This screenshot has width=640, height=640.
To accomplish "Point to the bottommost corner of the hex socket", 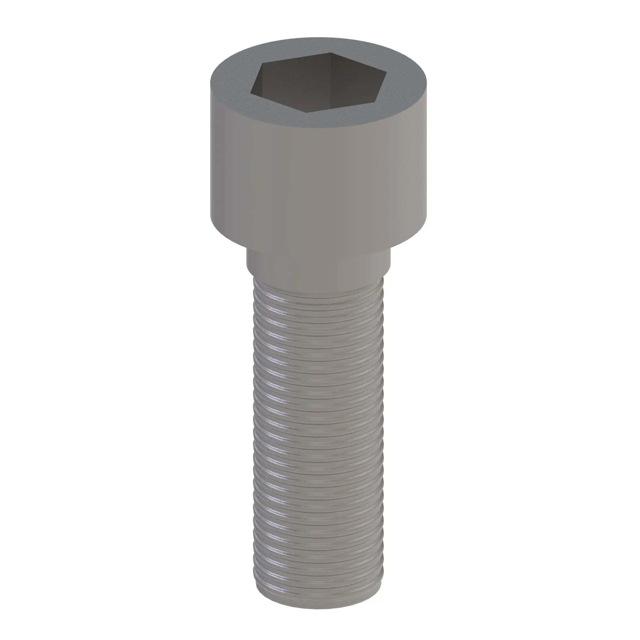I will [305, 112].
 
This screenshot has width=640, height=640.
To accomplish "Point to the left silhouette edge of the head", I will [210, 149].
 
